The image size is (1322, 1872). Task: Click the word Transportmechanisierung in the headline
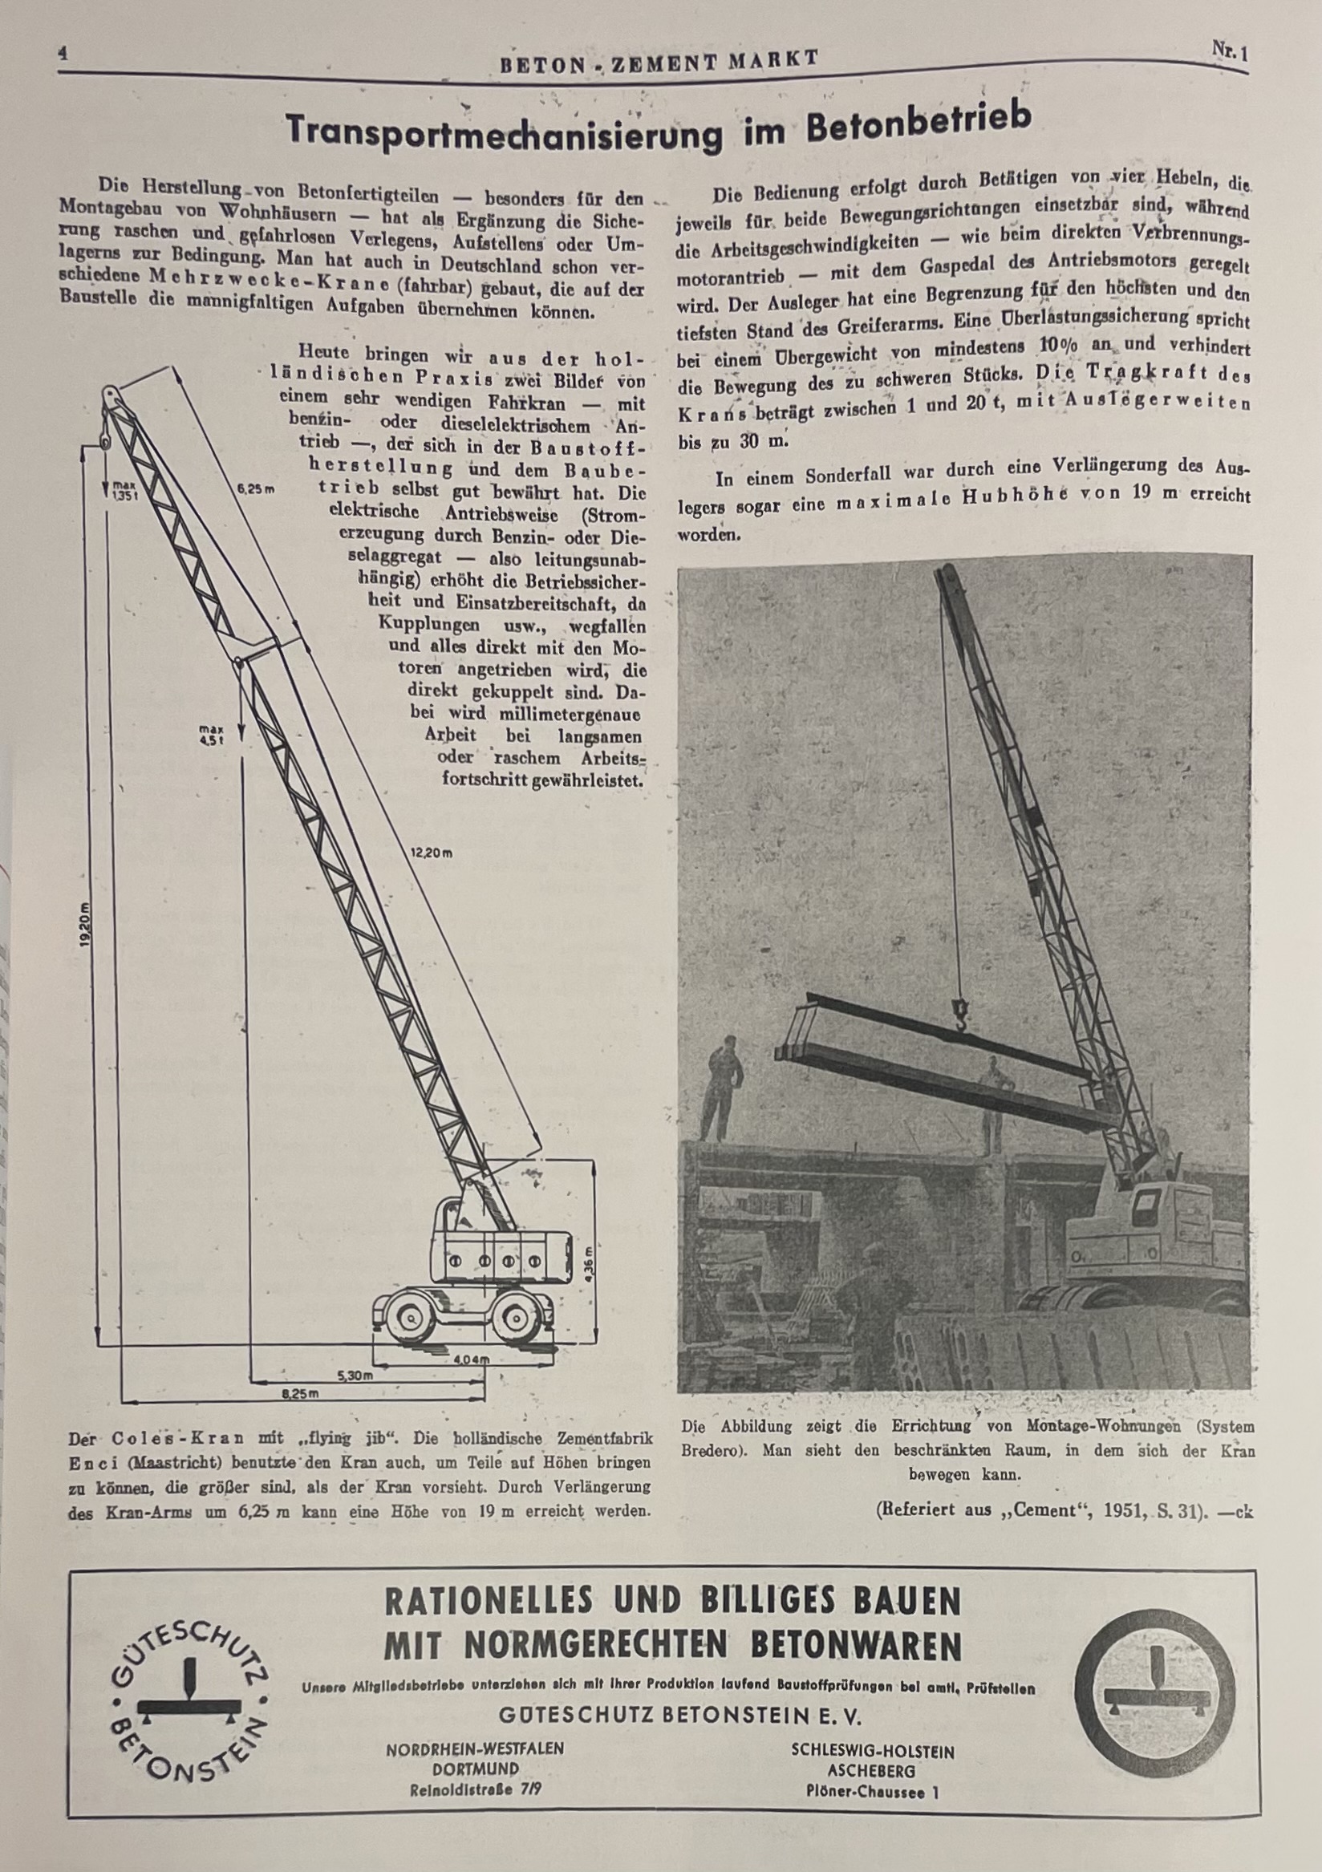click(x=503, y=133)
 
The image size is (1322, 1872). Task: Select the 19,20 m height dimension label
click(x=87, y=925)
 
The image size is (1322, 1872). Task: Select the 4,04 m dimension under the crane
click(x=471, y=1359)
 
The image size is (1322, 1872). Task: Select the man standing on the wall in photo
click(x=723, y=1088)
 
